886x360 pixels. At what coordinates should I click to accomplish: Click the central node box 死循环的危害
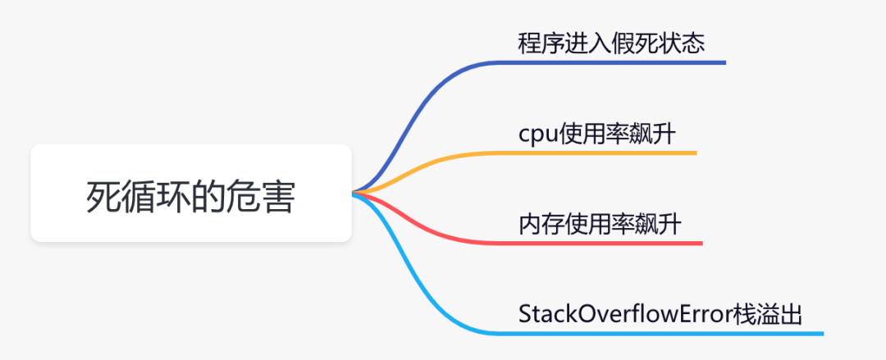click(x=190, y=194)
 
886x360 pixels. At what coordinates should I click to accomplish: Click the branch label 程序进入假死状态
click(x=611, y=43)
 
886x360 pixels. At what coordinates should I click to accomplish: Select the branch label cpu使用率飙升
click(x=597, y=134)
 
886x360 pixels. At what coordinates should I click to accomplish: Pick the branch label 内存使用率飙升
click(x=600, y=225)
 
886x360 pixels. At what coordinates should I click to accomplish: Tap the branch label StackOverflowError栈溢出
click(x=660, y=315)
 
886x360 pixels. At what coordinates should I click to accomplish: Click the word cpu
click(x=537, y=135)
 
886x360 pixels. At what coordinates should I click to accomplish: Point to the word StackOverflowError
click(x=628, y=315)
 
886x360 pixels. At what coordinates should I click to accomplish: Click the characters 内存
click(x=541, y=225)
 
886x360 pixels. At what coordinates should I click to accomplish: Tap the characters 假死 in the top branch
click(x=635, y=43)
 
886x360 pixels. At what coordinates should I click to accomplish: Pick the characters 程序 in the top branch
click(x=541, y=43)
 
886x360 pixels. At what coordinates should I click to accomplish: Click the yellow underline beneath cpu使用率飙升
click(x=607, y=153)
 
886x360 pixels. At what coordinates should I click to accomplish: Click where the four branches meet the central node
click(x=354, y=194)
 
